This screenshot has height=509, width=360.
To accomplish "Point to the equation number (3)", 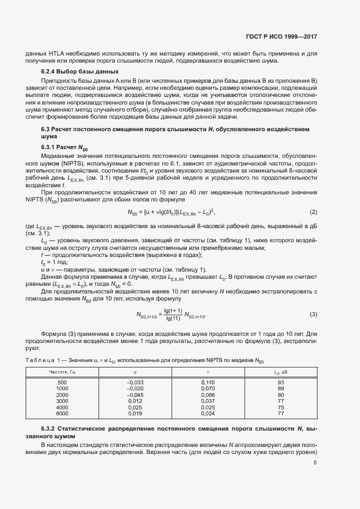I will pyautogui.click(x=314, y=314).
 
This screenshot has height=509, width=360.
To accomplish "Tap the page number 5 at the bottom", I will pyautogui.click(x=315, y=463).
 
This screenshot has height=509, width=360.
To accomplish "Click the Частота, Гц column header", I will pyautogui.click(x=62, y=372).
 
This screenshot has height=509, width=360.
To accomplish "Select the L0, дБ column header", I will pyautogui.click(x=280, y=372).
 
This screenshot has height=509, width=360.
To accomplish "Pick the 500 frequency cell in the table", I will pyautogui.click(x=62, y=383).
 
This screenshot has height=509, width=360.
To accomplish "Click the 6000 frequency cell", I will pyautogui.click(x=62, y=414).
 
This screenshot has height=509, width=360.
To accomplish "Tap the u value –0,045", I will pyautogui.click(x=135, y=395).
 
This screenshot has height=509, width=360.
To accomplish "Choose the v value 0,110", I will pyautogui.click(x=208, y=383).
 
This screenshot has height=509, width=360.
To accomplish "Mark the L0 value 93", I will pyautogui.click(x=281, y=383).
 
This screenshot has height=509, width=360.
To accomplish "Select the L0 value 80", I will pyautogui.click(x=281, y=395).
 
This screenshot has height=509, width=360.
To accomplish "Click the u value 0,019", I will pyautogui.click(x=135, y=414).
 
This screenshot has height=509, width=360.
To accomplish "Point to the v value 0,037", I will pyautogui.click(x=208, y=401).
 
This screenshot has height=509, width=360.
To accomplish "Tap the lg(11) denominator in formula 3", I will pyautogui.click(x=173, y=318).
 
